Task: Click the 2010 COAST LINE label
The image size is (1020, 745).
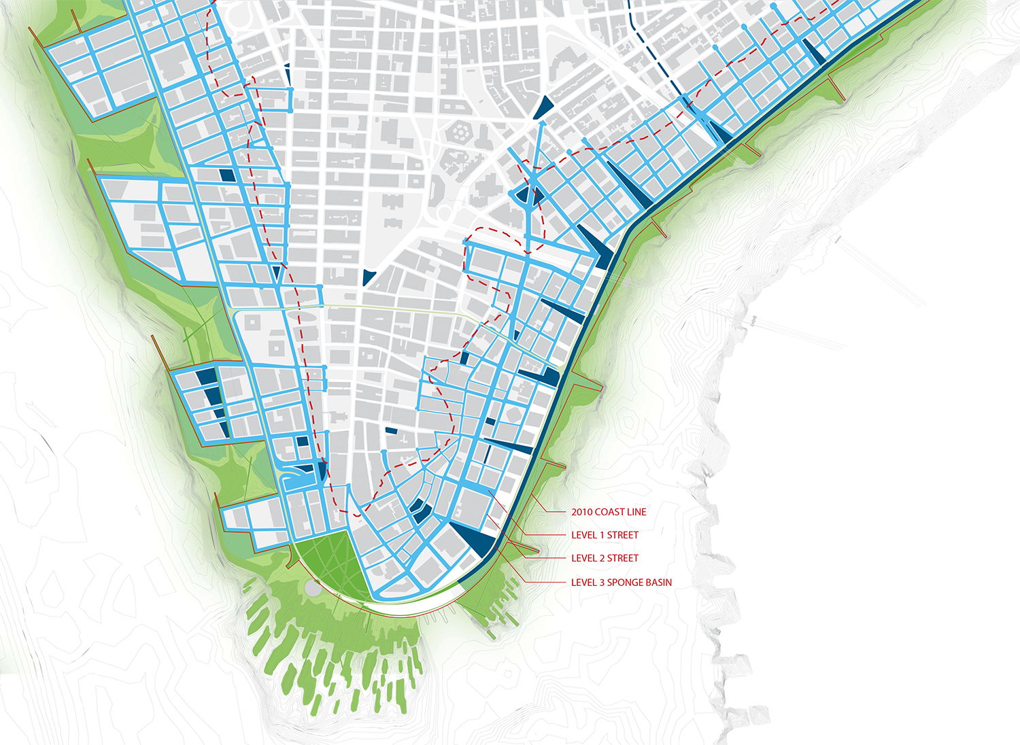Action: [608, 512]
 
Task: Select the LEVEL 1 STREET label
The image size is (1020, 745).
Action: [605, 535]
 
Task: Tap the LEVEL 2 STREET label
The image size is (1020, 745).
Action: [605, 558]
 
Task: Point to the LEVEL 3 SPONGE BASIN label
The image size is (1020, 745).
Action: [621, 583]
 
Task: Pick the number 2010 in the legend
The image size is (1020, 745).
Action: [581, 512]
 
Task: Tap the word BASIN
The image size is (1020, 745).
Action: [660, 583]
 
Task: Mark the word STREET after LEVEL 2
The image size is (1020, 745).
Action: [623, 558]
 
